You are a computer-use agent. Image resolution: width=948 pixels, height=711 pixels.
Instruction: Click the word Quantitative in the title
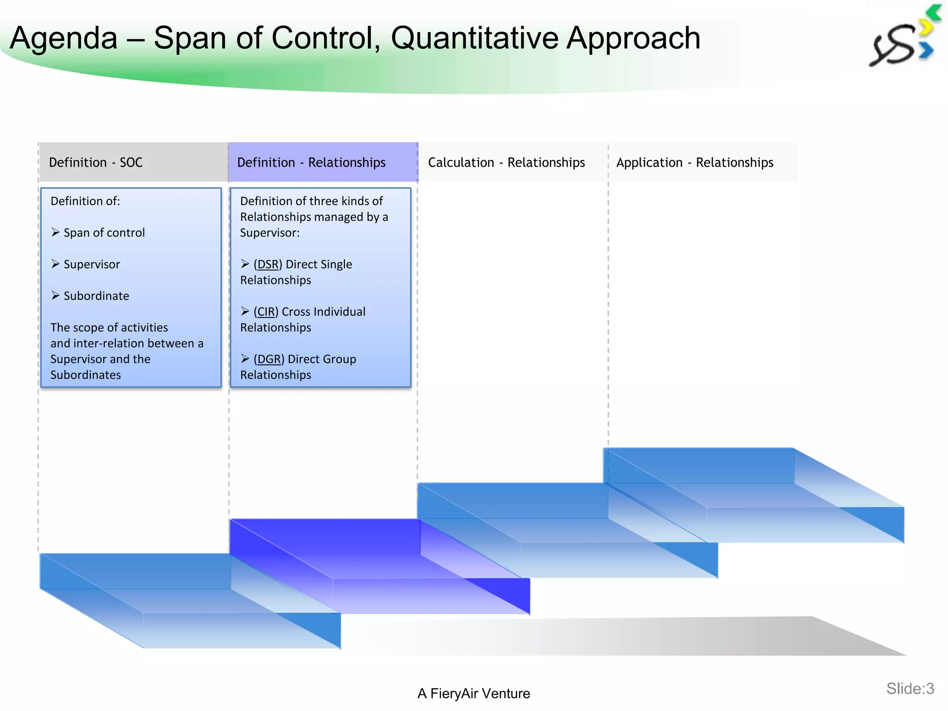pos(475,38)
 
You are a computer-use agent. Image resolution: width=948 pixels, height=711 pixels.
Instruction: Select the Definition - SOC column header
pos(96,162)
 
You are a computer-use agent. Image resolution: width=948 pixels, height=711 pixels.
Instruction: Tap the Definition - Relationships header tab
pos(311,162)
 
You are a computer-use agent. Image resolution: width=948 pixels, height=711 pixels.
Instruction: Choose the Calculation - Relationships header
pos(506,162)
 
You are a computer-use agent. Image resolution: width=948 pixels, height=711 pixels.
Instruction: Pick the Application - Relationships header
pos(694,162)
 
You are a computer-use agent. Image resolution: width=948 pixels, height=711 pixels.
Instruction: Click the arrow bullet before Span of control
pos(56,232)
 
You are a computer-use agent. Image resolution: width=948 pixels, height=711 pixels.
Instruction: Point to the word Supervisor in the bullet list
pos(92,264)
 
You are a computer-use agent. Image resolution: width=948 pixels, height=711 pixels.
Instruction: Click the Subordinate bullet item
pos(96,296)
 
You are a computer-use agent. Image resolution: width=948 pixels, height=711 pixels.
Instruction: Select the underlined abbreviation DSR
pos(268,264)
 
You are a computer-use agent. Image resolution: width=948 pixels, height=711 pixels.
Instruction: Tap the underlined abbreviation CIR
pos(266,312)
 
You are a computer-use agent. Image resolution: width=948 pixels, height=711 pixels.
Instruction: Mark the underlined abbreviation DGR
pos(269,359)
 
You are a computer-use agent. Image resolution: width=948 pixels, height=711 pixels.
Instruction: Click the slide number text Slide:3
pos(910,689)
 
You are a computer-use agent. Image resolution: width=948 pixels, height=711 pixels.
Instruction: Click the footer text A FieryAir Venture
pos(474,693)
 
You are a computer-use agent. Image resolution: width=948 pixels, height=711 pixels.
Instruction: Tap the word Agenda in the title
pos(64,38)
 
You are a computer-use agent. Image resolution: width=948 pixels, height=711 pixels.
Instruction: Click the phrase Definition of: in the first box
pos(85,201)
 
